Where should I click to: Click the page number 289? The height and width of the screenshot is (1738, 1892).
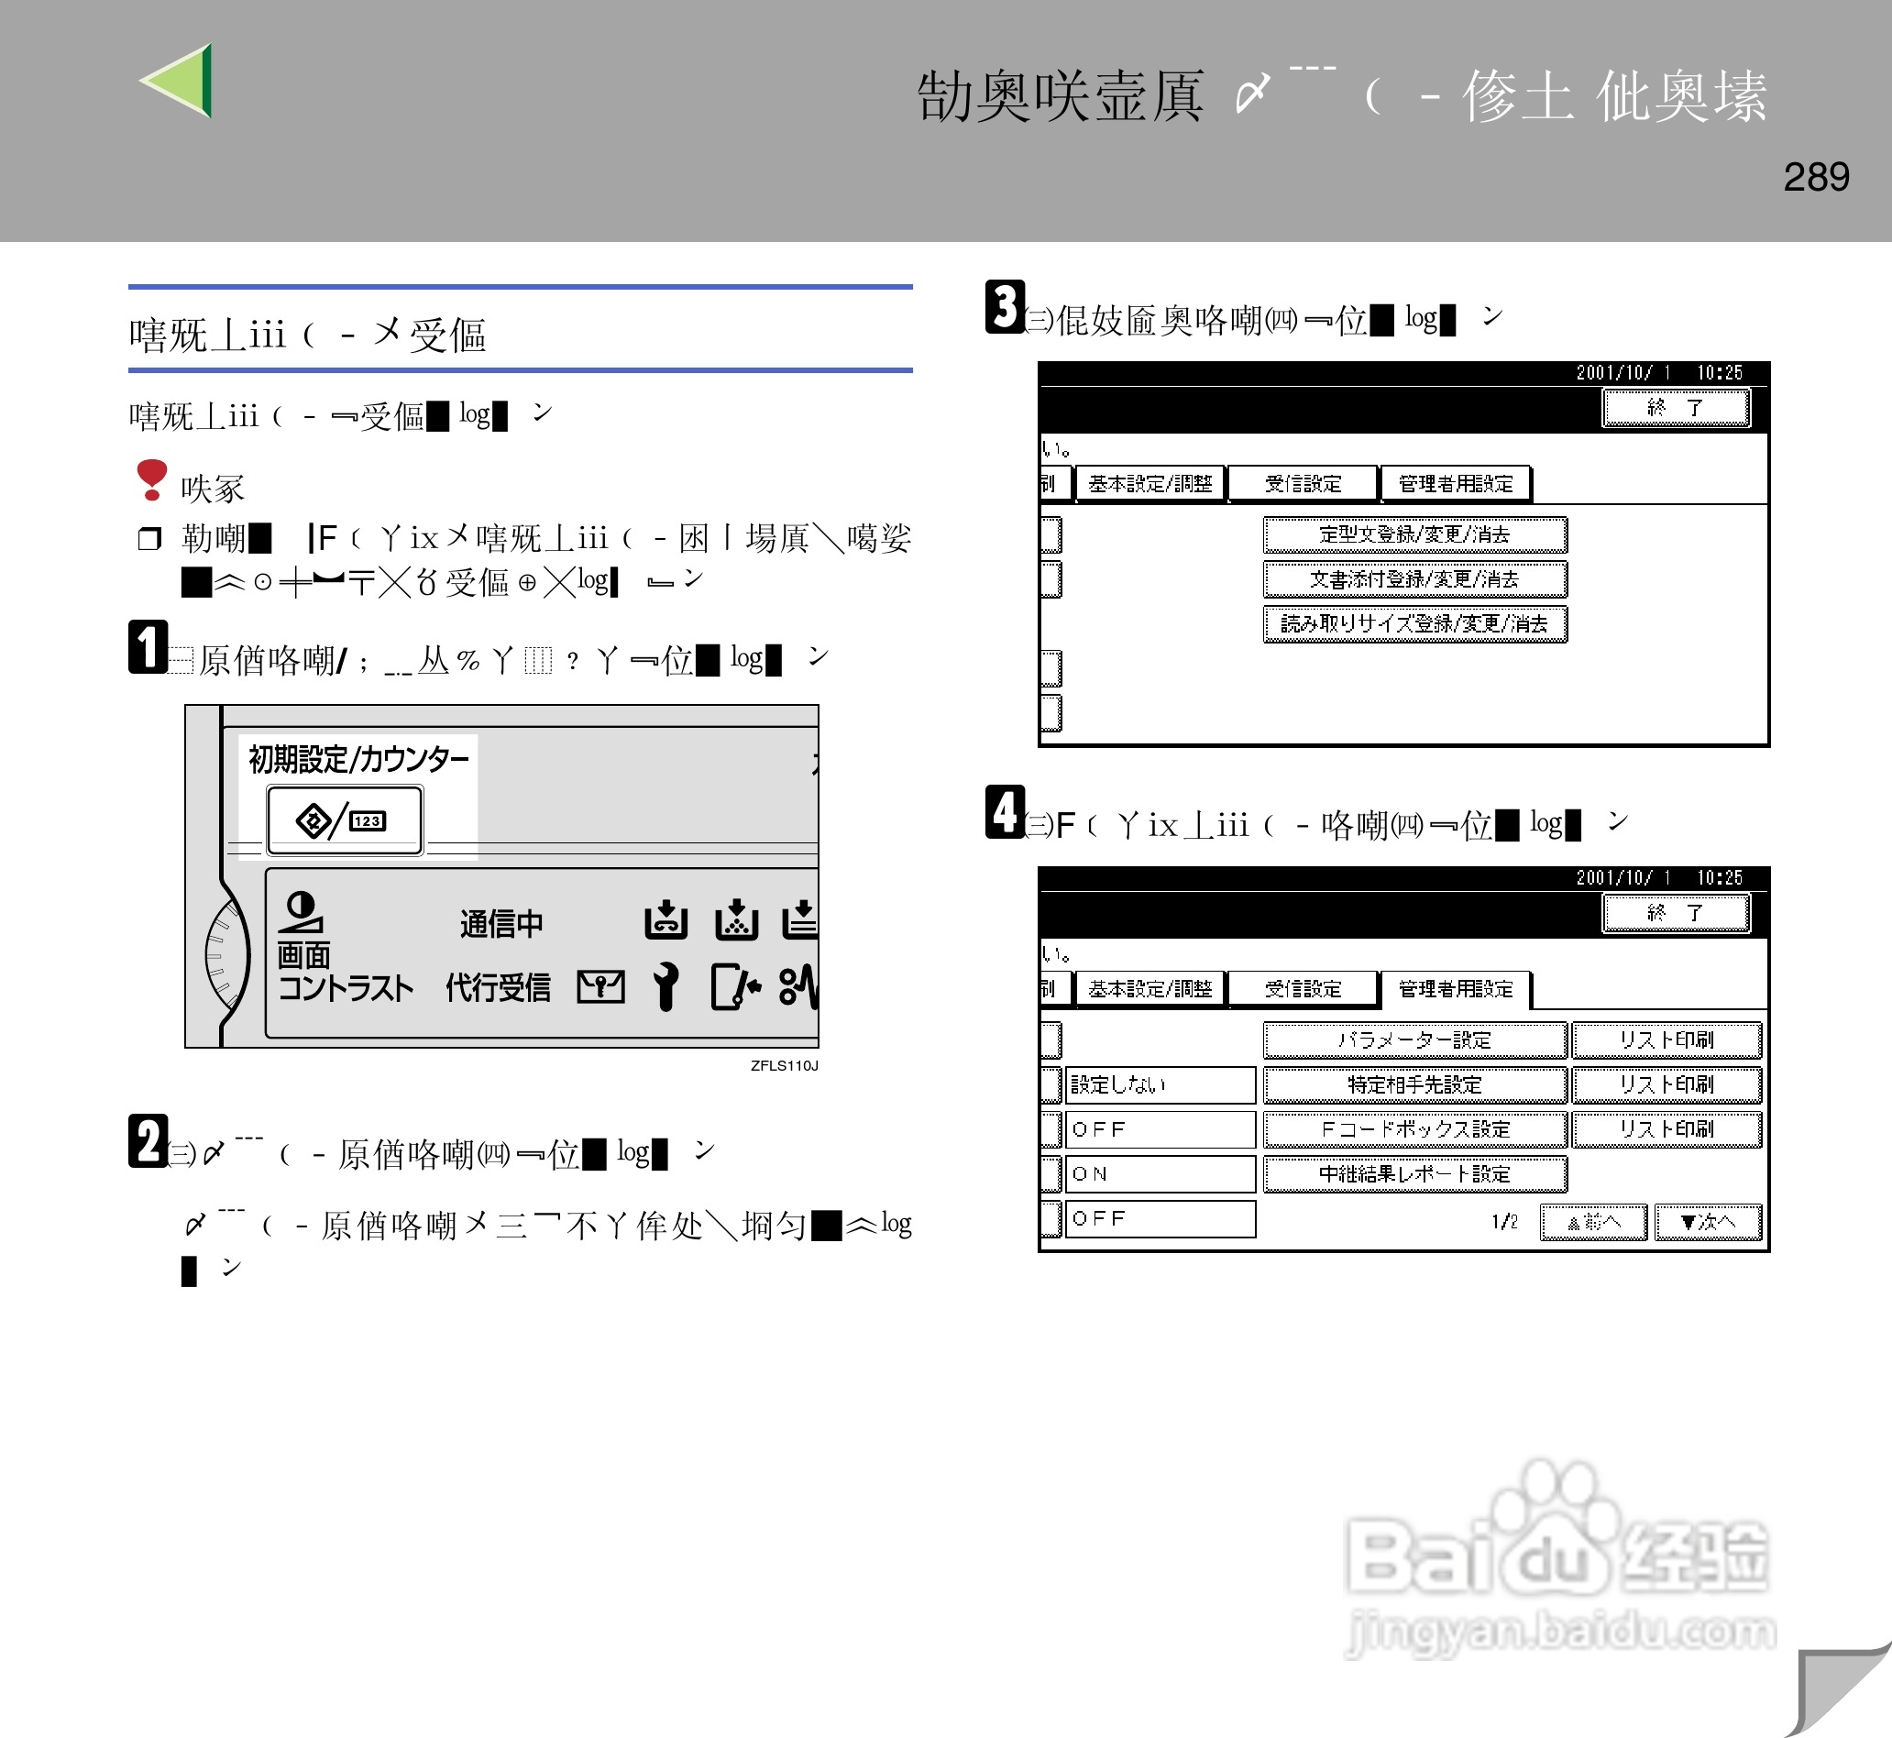(1816, 177)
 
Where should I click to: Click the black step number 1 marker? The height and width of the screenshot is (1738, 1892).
(148, 647)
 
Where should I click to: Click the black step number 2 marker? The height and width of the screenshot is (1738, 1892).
(148, 1141)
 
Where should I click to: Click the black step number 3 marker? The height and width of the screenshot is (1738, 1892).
(1005, 306)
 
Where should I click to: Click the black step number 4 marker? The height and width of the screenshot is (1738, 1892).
(1005, 811)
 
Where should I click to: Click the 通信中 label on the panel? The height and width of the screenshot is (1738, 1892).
(501, 924)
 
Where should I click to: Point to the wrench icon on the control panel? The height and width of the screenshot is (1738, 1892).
(665, 986)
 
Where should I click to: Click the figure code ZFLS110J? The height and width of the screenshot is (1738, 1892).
(784, 1065)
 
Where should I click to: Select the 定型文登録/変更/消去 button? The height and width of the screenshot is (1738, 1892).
(1414, 535)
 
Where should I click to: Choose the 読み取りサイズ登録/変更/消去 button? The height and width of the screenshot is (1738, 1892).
(1414, 623)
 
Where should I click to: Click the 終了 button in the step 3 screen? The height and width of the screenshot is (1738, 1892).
(1675, 408)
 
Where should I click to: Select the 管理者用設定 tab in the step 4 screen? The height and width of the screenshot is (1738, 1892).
(1455, 988)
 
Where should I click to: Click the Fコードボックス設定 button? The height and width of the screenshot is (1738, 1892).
(1414, 1129)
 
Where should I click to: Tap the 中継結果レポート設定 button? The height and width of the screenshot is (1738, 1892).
(1414, 1173)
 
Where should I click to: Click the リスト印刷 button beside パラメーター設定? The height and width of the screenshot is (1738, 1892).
(1666, 1040)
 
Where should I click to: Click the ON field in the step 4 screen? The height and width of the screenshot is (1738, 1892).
(1160, 1173)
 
